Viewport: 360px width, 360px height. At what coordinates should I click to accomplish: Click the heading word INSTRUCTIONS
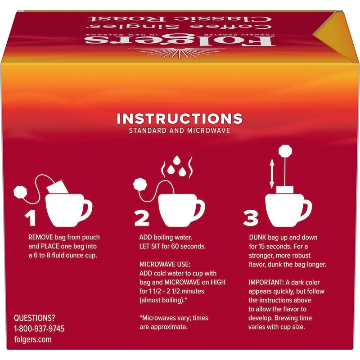[180, 119]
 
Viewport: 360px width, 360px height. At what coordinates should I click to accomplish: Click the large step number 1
[30, 218]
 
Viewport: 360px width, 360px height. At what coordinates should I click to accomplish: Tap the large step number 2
[142, 218]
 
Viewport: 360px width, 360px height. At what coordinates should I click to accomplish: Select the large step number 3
[251, 218]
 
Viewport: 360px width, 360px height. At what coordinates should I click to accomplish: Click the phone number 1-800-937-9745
[39, 328]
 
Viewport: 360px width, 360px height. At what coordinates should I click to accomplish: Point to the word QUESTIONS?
[35, 317]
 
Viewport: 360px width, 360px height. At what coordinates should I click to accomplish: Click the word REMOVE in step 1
[41, 236]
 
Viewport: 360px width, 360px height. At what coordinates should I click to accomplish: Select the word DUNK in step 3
[258, 236]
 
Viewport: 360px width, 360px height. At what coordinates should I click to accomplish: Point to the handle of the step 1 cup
[86, 208]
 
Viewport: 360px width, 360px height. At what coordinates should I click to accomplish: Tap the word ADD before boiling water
[145, 236]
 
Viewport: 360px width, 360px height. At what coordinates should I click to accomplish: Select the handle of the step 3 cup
[306, 208]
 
